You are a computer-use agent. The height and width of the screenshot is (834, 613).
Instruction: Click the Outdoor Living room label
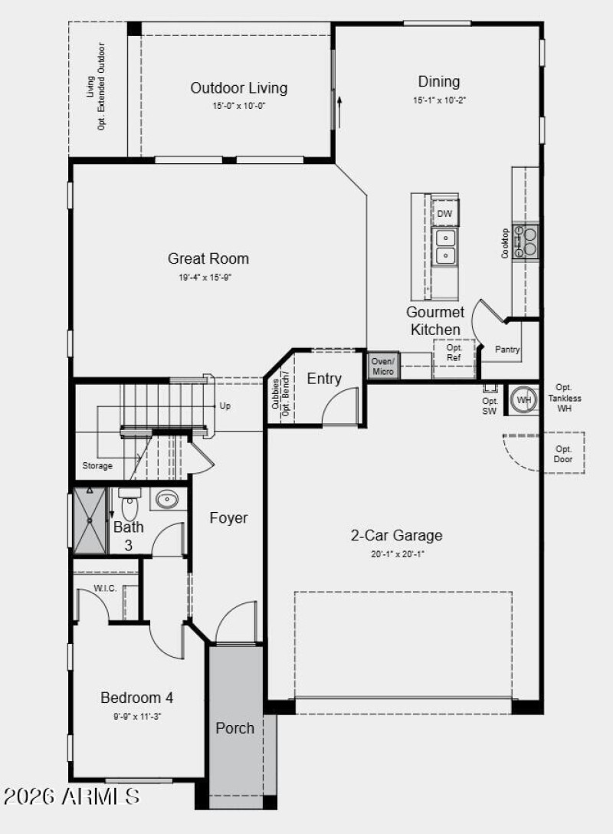tap(239, 87)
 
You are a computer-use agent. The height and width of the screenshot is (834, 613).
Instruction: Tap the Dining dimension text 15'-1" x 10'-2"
tap(438, 100)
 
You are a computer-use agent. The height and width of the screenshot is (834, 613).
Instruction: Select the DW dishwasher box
tap(444, 214)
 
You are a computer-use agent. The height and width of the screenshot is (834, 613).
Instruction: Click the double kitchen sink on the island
tap(445, 246)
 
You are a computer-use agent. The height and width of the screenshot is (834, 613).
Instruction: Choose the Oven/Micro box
tap(383, 366)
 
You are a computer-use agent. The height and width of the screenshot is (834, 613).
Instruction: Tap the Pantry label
tap(507, 350)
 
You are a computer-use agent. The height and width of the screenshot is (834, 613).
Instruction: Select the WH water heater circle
tap(524, 399)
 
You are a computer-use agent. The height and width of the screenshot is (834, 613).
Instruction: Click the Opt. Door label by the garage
tap(563, 454)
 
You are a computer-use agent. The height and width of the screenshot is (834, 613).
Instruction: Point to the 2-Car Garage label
tap(396, 536)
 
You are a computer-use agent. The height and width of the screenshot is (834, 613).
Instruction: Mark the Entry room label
tap(324, 379)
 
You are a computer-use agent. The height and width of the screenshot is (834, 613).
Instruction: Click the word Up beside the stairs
tap(225, 406)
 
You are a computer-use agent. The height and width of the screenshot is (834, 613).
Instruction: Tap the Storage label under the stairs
tap(97, 465)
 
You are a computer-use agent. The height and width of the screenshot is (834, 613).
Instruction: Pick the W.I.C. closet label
tap(105, 589)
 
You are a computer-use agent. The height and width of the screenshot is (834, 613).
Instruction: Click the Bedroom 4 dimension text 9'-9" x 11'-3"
tap(137, 716)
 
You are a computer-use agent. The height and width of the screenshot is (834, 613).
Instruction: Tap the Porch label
tap(234, 727)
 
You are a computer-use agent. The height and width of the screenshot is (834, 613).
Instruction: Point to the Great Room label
tap(208, 258)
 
